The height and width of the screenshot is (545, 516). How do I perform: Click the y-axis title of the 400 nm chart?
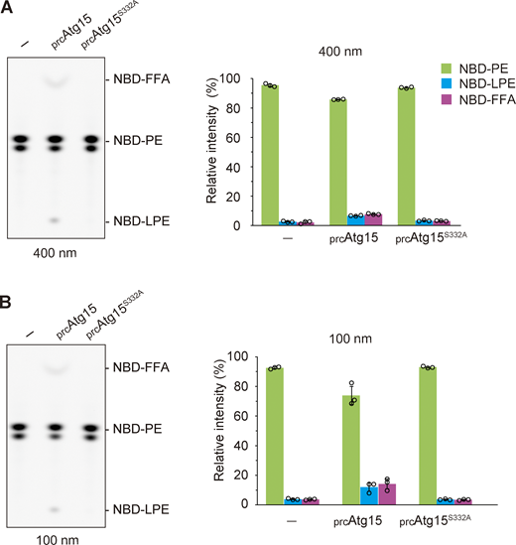click(x=212, y=152)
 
